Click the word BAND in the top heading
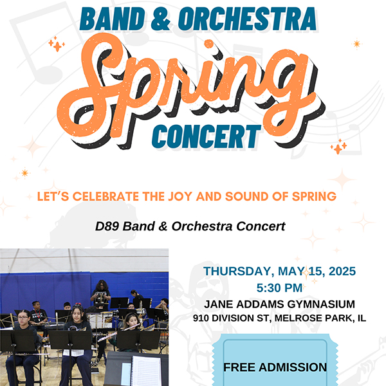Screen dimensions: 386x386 point(112,19)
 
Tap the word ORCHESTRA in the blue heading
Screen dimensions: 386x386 point(247,19)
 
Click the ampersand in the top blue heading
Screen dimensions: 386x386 point(161,19)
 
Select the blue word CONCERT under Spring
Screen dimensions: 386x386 point(207,136)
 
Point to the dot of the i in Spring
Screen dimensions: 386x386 point(208,44)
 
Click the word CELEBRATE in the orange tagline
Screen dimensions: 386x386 point(106,196)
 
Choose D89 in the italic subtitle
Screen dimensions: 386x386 point(107,226)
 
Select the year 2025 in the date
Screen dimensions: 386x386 point(342,271)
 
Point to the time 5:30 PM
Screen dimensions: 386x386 point(279,288)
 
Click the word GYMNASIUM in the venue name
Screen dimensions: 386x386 point(321,304)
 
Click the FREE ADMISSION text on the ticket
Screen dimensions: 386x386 point(275,367)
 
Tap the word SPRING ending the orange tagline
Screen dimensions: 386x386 point(314,196)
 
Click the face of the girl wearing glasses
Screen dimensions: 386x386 point(23,317)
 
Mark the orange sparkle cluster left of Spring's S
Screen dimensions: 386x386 point(57,44)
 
